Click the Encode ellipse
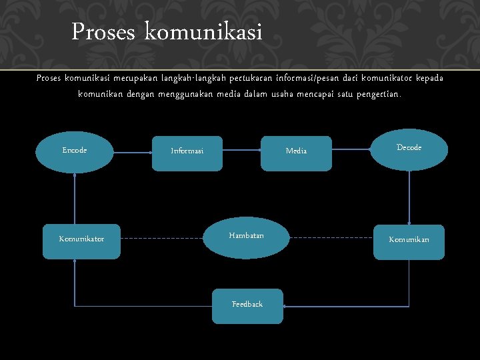[75, 152]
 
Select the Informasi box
[187, 153]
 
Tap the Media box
[296, 153]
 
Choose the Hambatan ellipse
[246, 237]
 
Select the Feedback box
[247, 306]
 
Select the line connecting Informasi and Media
[241, 151]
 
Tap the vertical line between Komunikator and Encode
[75, 200]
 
